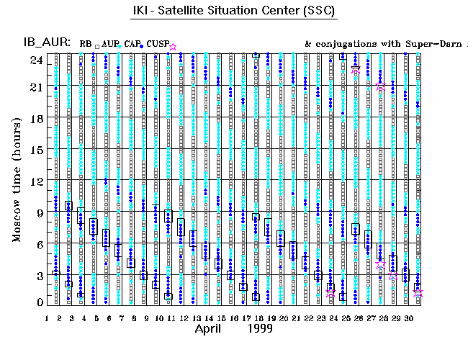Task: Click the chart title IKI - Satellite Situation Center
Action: tap(234, 12)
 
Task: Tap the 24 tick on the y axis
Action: tap(34, 60)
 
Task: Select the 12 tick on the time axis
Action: tap(34, 180)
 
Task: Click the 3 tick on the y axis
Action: tap(37, 275)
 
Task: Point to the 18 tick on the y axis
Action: tap(34, 117)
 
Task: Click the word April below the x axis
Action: tap(213, 330)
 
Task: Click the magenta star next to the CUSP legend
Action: tap(172, 47)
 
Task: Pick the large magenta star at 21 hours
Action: tap(380, 86)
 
